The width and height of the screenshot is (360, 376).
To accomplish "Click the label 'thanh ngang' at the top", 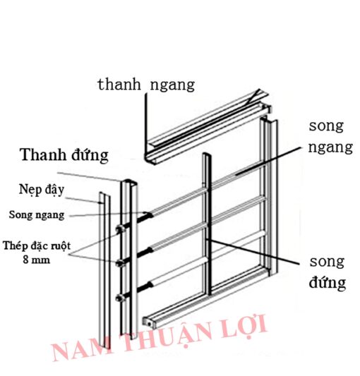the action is (146, 85).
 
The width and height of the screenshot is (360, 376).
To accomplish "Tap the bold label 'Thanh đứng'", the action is (64, 154).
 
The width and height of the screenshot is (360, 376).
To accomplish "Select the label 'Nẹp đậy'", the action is (42, 190).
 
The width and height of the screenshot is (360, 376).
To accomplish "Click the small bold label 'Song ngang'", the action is (37, 215).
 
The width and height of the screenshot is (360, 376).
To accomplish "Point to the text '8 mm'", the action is (37, 260).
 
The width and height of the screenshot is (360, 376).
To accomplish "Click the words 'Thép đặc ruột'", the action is (37, 246).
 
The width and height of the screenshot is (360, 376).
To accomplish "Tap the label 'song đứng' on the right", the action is (328, 272).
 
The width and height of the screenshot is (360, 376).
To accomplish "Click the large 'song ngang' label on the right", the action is (330, 137).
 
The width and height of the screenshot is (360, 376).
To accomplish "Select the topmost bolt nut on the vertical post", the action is (121, 229).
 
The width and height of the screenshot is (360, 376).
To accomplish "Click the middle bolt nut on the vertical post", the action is (121, 263).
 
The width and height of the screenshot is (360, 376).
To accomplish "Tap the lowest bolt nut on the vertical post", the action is (120, 298).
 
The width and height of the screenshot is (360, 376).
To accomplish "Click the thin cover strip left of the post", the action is (104, 269).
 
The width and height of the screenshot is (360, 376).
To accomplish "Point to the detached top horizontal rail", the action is (206, 127).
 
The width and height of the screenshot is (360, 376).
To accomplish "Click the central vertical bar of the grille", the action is (207, 224).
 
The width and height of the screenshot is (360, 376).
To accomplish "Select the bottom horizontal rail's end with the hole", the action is (149, 323).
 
